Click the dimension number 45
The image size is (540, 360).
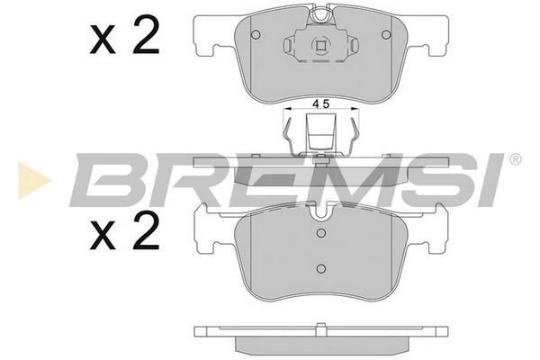(x=319, y=105)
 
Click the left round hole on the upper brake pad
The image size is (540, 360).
(x=256, y=35)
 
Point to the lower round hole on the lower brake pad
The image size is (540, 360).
(x=319, y=267)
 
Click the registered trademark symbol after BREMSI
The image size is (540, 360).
(x=515, y=160)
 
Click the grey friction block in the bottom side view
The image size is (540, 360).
(x=319, y=343)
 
